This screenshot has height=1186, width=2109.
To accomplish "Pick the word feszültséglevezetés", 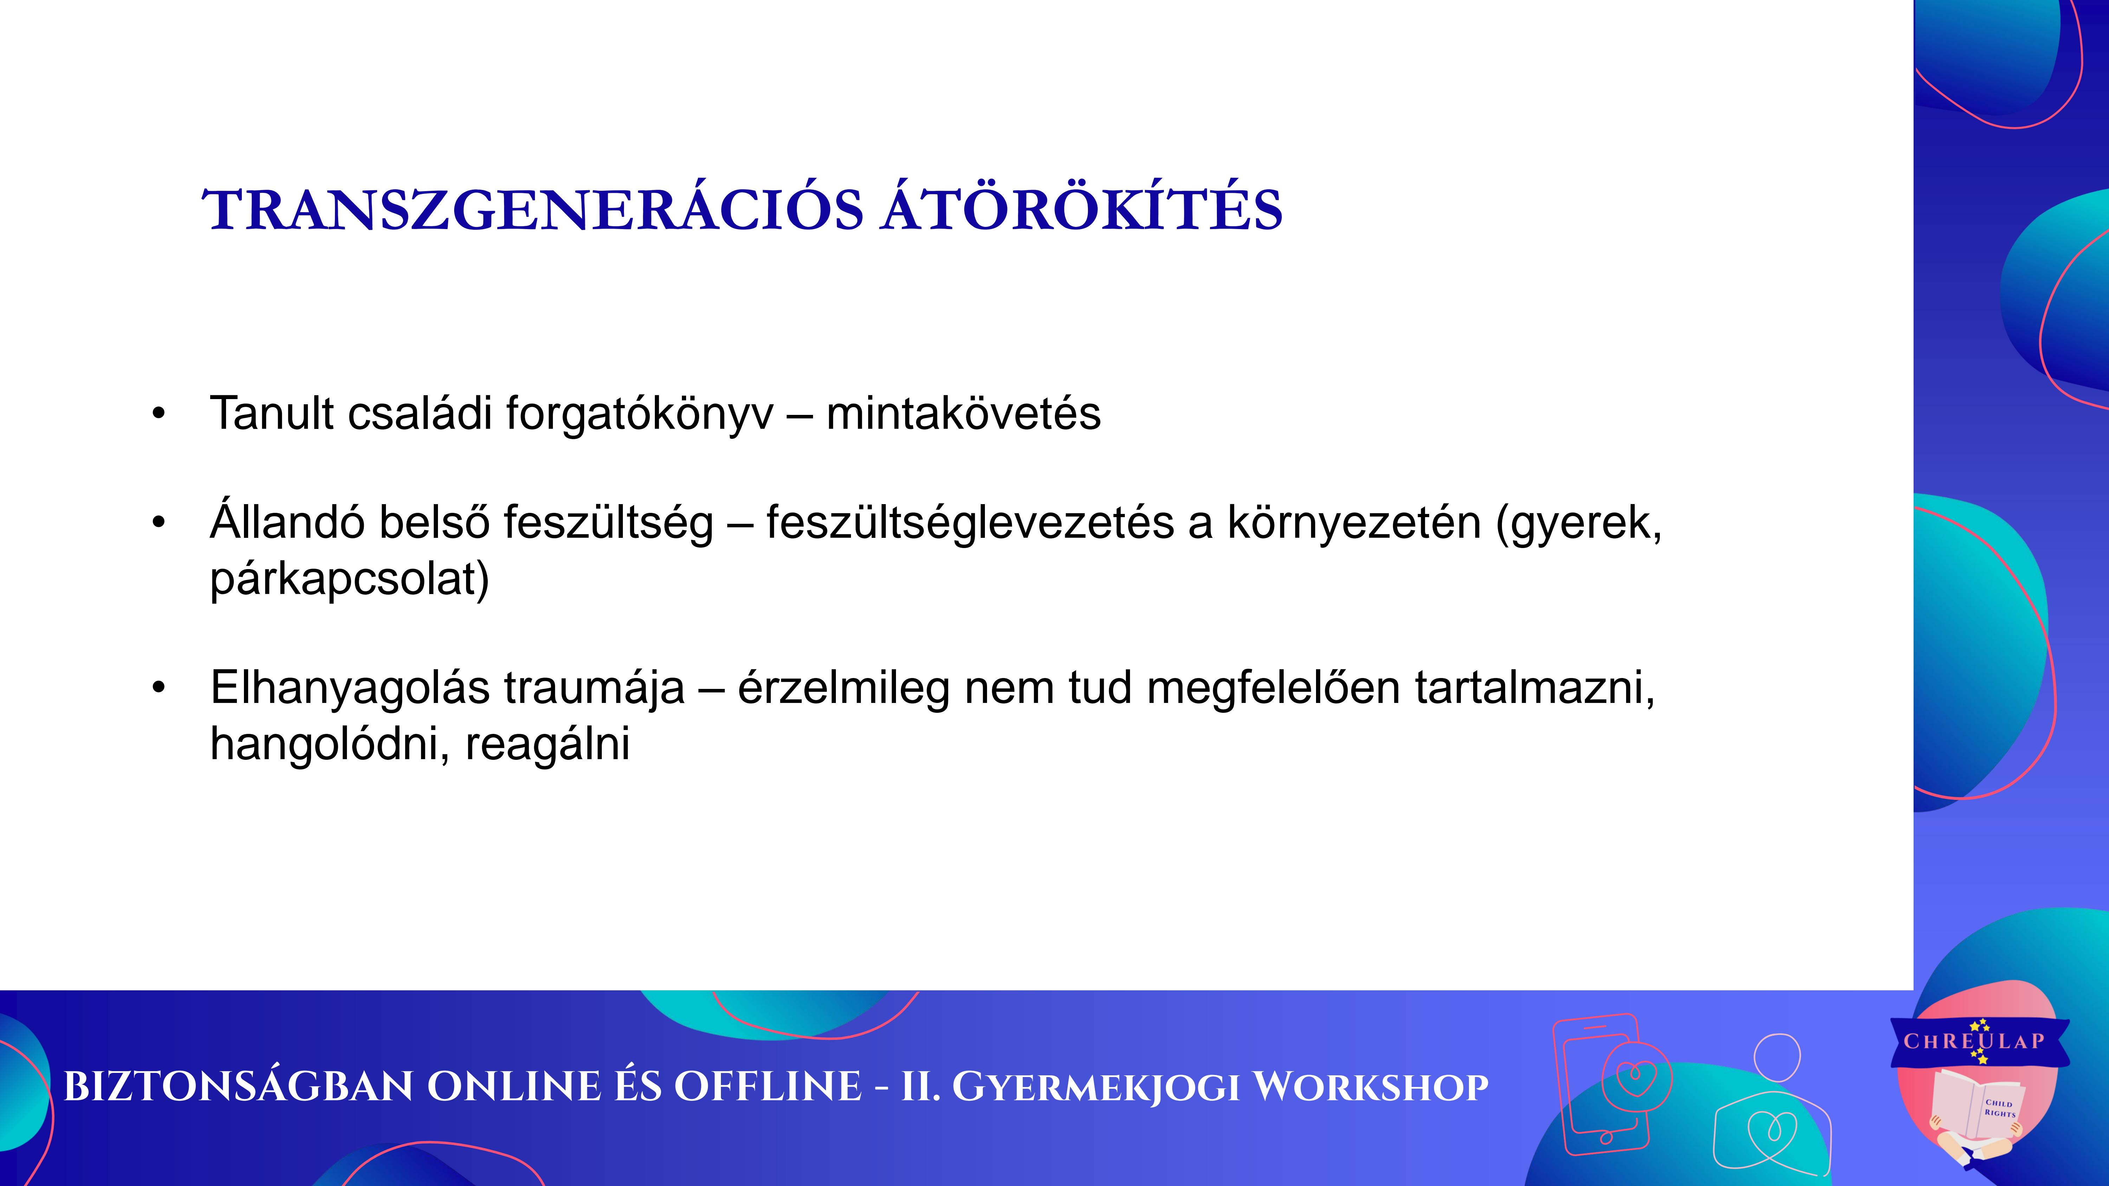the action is click(970, 524).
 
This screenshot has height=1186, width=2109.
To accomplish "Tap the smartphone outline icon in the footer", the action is click(1601, 1084).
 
